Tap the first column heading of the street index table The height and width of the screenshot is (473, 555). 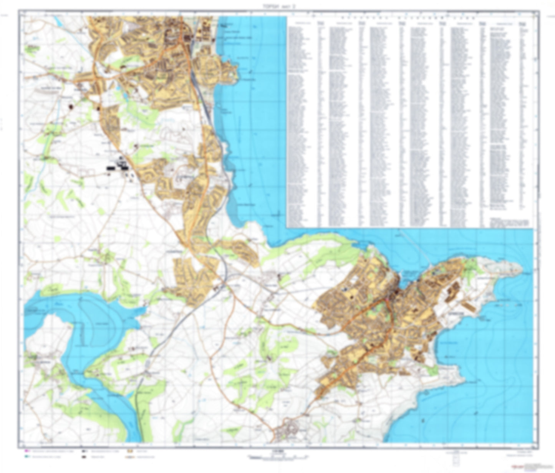(x=298, y=24)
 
